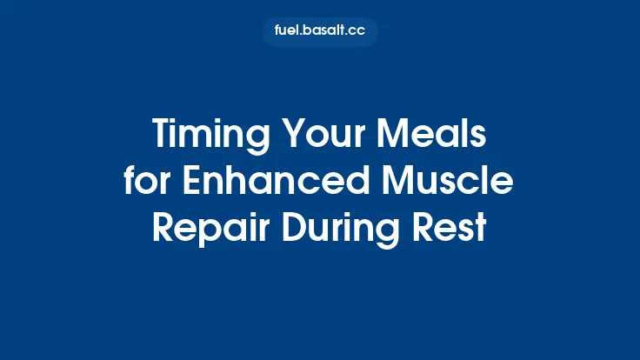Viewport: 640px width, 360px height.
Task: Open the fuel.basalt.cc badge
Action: click(x=320, y=32)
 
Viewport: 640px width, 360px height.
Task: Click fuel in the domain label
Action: click(x=288, y=32)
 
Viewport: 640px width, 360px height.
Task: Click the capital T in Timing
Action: click(x=163, y=136)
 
